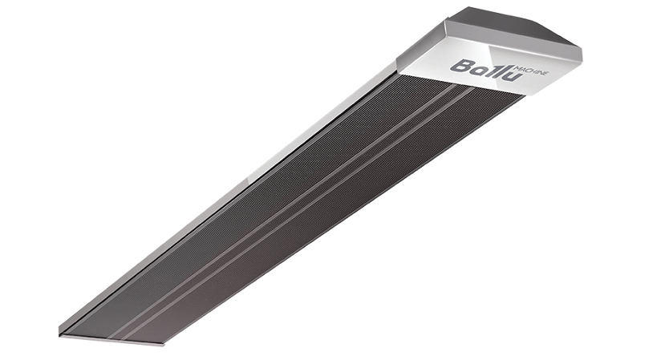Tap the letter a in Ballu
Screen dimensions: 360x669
pyautogui.click(x=477, y=67)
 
